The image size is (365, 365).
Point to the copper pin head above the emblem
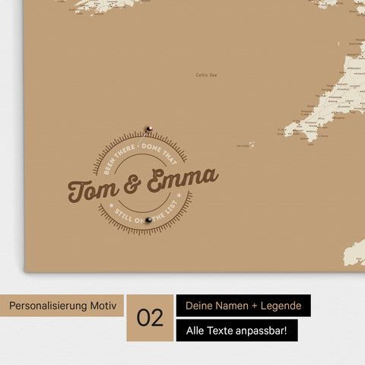pyautogui.click(x=149, y=129)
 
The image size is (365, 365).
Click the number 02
pyautogui.click(x=151, y=318)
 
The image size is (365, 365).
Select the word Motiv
pyautogui.click(x=103, y=306)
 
